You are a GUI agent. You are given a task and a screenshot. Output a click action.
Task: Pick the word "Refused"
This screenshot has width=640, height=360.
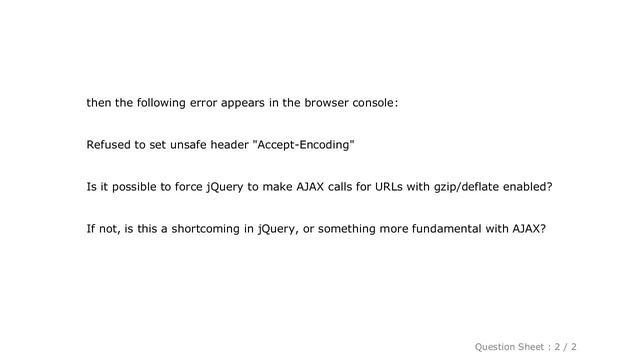[111, 145]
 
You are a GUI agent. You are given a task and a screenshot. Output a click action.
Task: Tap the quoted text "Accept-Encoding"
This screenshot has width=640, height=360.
[304, 145]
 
